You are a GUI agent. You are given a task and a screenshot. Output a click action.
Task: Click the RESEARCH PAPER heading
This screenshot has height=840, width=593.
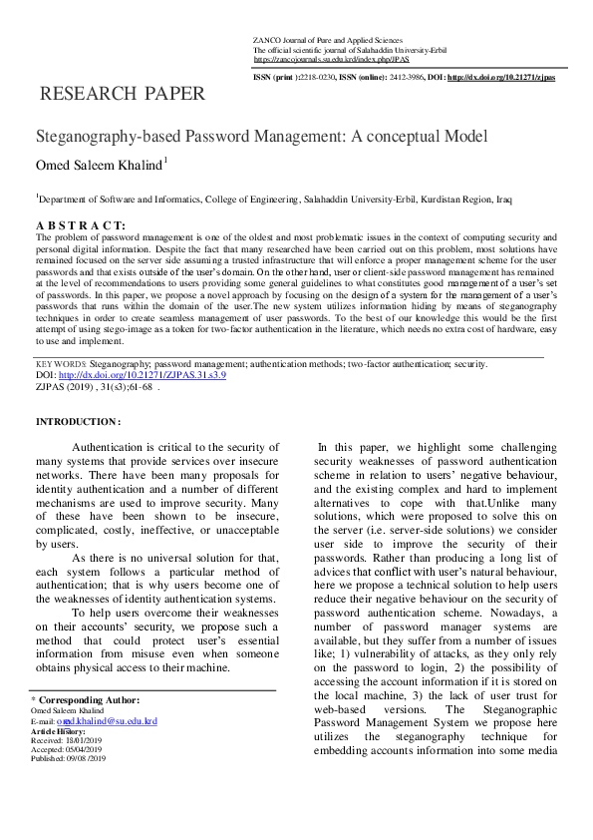coord(122,95)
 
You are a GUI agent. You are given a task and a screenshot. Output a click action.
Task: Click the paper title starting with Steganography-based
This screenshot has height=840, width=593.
coord(247,137)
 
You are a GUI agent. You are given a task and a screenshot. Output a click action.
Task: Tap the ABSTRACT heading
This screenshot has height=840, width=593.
coord(81,226)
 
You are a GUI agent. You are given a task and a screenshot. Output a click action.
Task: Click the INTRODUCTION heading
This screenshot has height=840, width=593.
coord(78,422)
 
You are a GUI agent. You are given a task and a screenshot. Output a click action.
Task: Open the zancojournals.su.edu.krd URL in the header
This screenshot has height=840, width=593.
coord(318,59)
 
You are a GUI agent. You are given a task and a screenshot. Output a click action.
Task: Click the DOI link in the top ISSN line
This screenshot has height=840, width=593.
coord(501,77)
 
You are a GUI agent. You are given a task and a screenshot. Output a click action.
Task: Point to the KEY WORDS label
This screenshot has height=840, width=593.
coord(60,365)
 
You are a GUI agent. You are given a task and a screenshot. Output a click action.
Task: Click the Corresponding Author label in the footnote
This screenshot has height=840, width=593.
coord(89,700)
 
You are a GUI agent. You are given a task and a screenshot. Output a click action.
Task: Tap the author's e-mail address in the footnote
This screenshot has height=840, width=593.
coord(107,720)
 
